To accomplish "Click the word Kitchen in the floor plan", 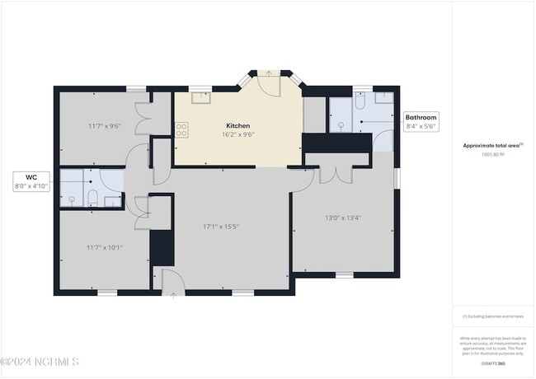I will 237,125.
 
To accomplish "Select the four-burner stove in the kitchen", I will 181,129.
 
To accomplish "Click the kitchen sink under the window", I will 200,98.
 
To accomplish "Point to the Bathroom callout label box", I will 420,122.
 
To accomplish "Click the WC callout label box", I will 32,181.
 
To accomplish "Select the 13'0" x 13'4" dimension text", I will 343,218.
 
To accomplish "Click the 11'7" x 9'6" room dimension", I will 105,126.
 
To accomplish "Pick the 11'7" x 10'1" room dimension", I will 105,246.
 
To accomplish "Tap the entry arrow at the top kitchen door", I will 270,73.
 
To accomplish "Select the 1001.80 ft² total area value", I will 492,153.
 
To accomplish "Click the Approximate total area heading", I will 491,145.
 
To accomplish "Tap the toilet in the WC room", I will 92,198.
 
